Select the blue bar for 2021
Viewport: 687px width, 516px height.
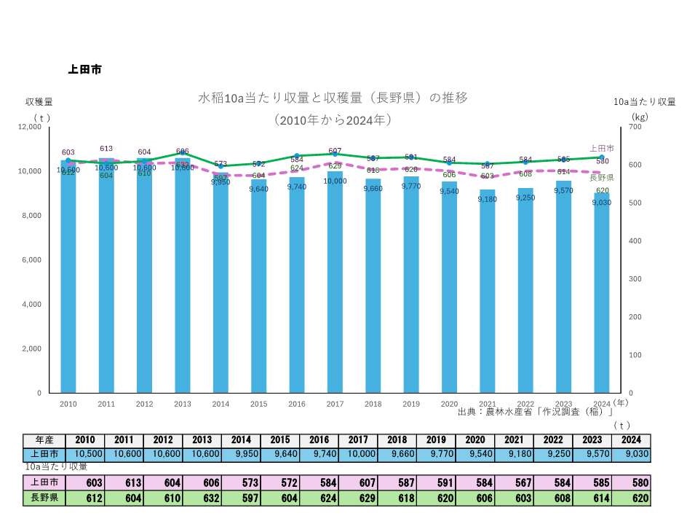pos(488,292)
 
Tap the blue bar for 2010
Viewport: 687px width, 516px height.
pos(68,277)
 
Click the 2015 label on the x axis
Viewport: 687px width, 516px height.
pos(258,404)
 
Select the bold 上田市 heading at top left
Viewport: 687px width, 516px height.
pos(84,70)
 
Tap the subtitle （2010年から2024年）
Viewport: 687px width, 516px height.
pos(333,119)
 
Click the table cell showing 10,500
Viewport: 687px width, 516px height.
pos(85,454)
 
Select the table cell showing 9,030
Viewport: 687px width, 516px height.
pos(631,454)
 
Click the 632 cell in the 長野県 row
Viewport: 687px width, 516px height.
pos(202,499)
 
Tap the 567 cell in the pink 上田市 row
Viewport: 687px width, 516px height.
pos(514,482)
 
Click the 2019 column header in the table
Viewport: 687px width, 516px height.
pos(436,440)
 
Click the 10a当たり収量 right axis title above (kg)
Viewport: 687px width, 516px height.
pos(644,101)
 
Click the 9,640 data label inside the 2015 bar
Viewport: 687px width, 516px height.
pos(258,189)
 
